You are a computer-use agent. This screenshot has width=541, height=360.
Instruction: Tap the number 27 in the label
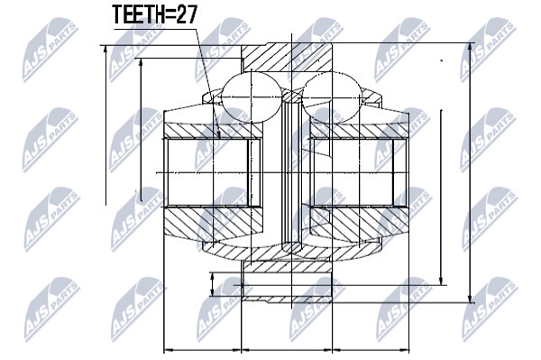[x=187, y=14]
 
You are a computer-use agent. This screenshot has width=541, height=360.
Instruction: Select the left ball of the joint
[x=252, y=97]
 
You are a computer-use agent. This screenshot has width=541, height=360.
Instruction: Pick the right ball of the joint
[x=332, y=97]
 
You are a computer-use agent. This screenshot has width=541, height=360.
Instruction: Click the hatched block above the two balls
[x=287, y=58]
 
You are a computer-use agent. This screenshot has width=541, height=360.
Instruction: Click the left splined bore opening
[x=207, y=172]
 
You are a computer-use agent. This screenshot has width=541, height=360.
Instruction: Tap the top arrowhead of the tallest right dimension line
[x=471, y=48]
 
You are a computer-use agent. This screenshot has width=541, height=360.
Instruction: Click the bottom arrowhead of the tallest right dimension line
[x=471, y=299]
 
